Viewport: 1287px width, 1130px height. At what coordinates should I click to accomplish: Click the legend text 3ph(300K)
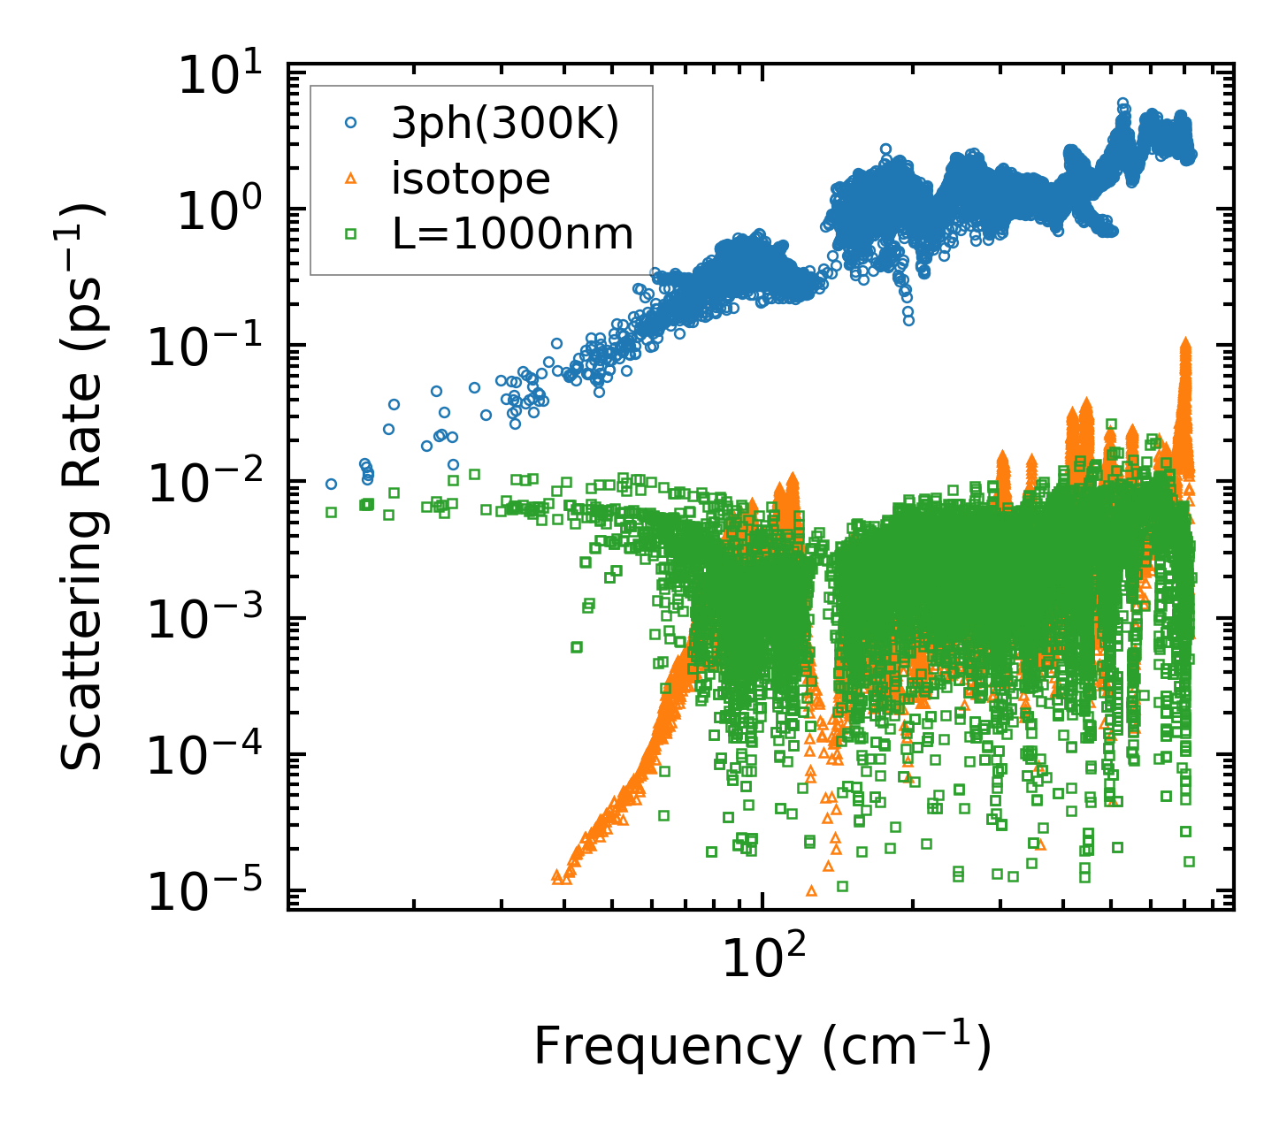coord(505,125)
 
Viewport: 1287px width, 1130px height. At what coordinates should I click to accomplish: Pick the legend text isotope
coord(471,179)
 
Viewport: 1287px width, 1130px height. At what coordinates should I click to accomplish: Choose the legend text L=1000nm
coord(513,234)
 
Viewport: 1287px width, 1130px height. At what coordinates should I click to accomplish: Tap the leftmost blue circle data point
coord(331,484)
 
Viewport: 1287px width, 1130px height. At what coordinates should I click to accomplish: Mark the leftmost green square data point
coord(331,512)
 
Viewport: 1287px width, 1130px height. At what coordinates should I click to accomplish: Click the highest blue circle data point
coord(1123,103)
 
